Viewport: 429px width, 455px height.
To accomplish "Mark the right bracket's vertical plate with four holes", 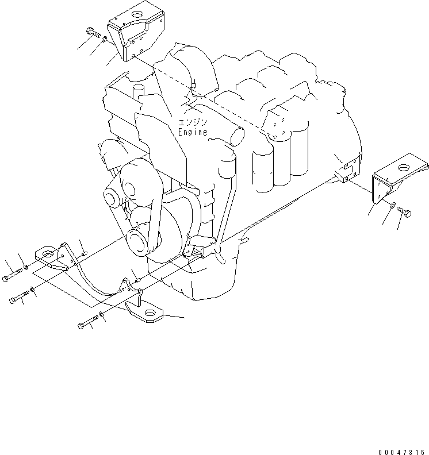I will [x=381, y=187].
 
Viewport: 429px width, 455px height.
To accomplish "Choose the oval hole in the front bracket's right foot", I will [x=152, y=313].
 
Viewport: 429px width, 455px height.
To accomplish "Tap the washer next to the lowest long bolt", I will [x=102, y=315].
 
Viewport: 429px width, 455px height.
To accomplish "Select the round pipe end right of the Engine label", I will [x=236, y=136].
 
